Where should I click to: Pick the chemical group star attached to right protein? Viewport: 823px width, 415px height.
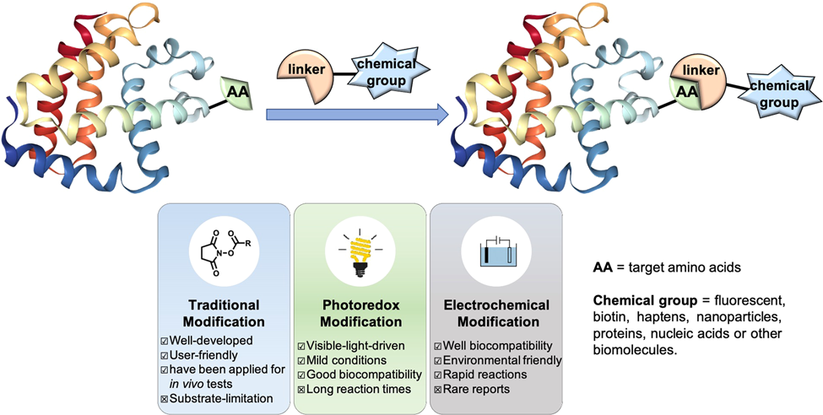coord(775,94)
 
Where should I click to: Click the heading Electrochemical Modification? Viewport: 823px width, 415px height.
coord(495,312)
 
